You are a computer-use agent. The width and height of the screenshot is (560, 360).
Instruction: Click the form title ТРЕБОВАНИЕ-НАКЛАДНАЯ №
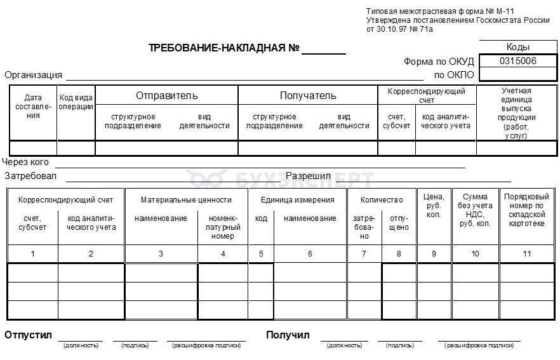point(223,48)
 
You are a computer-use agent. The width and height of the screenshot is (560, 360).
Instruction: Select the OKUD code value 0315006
point(518,61)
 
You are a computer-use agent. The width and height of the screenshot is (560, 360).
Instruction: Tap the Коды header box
point(518,47)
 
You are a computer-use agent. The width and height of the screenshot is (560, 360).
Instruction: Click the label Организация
point(34,75)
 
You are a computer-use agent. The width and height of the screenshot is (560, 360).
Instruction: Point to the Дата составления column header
point(33,107)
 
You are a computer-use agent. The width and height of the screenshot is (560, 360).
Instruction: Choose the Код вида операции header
point(76,102)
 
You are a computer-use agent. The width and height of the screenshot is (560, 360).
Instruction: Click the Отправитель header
point(166,96)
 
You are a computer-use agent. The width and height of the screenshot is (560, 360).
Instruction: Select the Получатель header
point(308,96)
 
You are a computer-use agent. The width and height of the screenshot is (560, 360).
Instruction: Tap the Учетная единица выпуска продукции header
point(516,113)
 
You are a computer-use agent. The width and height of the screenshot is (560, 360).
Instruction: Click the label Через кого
point(25,162)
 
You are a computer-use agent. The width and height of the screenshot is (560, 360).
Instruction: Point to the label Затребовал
point(30,176)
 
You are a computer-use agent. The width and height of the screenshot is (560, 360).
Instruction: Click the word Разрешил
point(308,175)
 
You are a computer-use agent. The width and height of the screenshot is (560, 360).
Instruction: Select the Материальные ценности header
point(186,199)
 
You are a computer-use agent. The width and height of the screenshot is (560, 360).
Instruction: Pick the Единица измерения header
point(297,199)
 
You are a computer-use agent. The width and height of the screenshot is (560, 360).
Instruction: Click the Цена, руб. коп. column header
point(434,206)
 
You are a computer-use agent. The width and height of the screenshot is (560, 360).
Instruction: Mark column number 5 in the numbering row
point(261,253)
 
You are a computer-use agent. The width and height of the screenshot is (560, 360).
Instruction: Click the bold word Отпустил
point(28,335)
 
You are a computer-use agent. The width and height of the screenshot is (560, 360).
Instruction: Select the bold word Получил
point(288,335)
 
